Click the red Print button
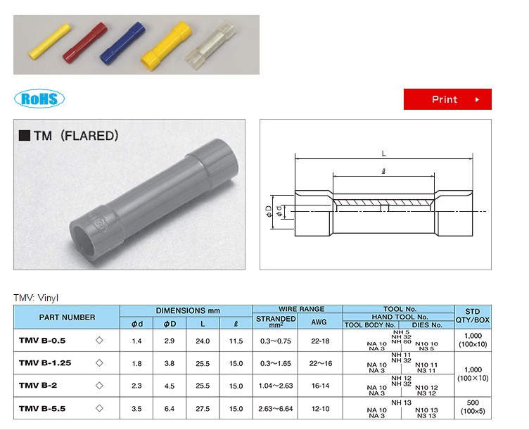447,99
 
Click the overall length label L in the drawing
383,153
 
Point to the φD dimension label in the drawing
268,211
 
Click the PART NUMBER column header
67,317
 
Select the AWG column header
319,323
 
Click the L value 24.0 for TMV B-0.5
203,341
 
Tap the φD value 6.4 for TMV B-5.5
170,409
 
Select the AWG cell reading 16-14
319,386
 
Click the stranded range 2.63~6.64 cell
276,409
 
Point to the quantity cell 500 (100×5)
472,407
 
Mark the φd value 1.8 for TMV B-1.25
136,364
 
